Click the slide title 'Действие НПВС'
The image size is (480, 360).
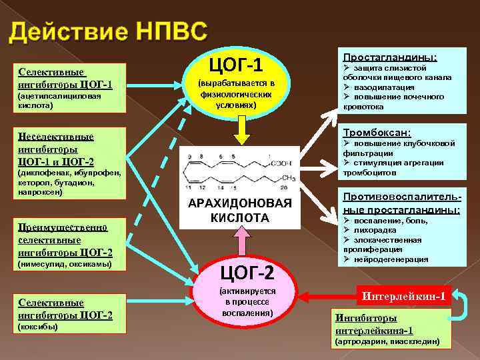tap(109, 33)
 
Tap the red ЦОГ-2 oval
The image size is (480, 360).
tap(247, 294)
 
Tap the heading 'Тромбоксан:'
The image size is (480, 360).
tap(377, 132)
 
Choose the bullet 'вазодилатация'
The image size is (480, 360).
tap(383, 87)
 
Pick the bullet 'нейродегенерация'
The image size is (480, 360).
tap(390, 259)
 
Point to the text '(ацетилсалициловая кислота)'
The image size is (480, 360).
tap(59, 101)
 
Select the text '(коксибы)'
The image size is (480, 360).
tap(38, 327)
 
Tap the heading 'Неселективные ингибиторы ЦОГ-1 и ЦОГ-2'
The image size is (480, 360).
tap(56, 149)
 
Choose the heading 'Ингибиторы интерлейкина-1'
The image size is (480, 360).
tap(374, 323)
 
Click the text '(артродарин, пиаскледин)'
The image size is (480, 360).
tap(387, 341)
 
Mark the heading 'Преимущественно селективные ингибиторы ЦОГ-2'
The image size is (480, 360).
tap(65, 239)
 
